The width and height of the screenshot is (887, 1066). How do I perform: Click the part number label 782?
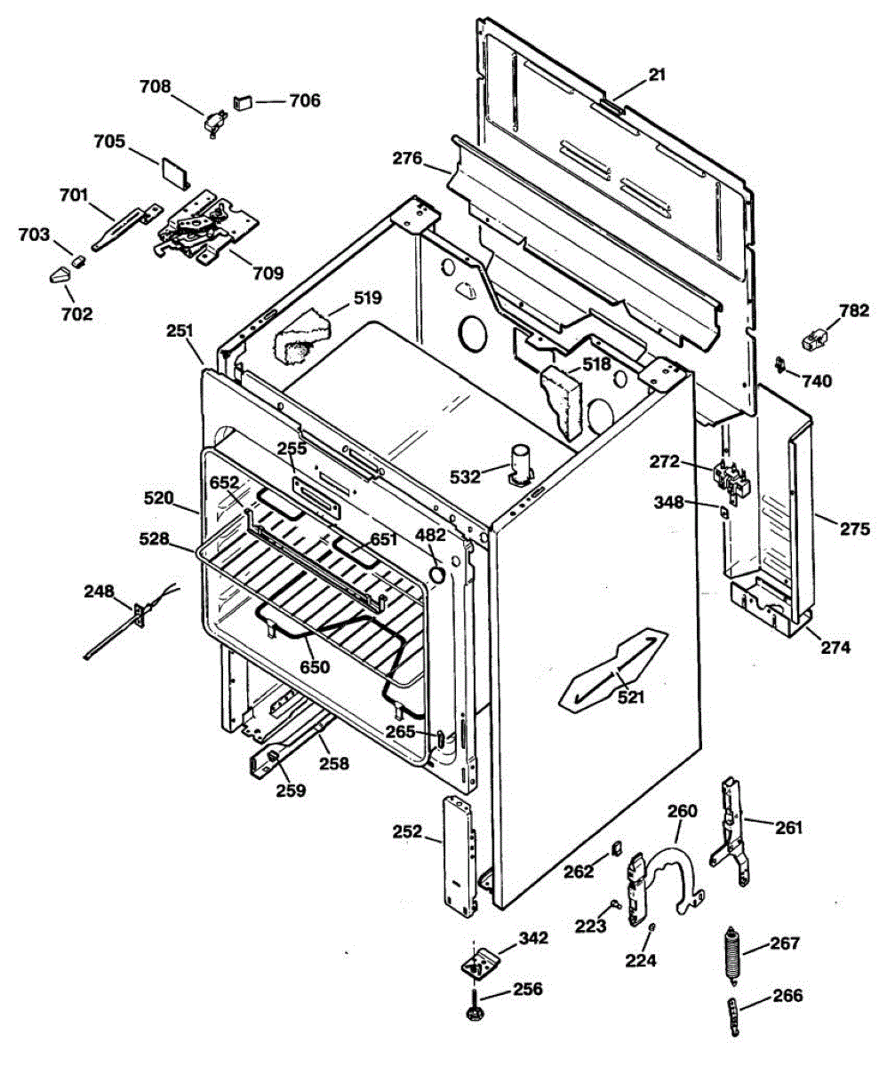[854, 311]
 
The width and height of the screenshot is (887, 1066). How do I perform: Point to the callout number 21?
[657, 76]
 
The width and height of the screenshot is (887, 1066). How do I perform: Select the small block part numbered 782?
[814, 338]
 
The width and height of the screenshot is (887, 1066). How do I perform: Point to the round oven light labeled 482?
[436, 575]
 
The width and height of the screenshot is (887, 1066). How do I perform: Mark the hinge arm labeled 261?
[732, 831]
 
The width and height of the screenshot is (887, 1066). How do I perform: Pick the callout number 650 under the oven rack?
[315, 666]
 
